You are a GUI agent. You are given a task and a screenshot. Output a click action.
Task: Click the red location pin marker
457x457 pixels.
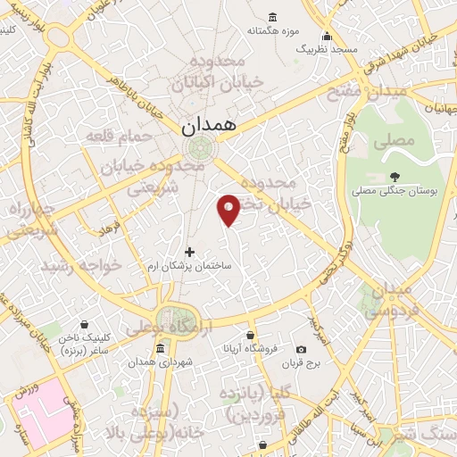[228, 208]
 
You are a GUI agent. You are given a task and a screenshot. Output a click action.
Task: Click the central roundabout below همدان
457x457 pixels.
[198, 148]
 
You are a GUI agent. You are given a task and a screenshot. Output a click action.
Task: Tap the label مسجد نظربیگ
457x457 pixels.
[328, 50]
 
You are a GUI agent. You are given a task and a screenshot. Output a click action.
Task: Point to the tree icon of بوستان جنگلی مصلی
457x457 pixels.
[395, 176]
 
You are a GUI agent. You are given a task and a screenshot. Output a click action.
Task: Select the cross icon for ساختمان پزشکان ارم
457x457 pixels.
[189, 252]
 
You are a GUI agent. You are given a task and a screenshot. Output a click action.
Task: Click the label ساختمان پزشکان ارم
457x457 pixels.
[189, 267]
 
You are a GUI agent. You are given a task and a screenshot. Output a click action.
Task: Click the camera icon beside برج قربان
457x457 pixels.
[301, 349]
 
